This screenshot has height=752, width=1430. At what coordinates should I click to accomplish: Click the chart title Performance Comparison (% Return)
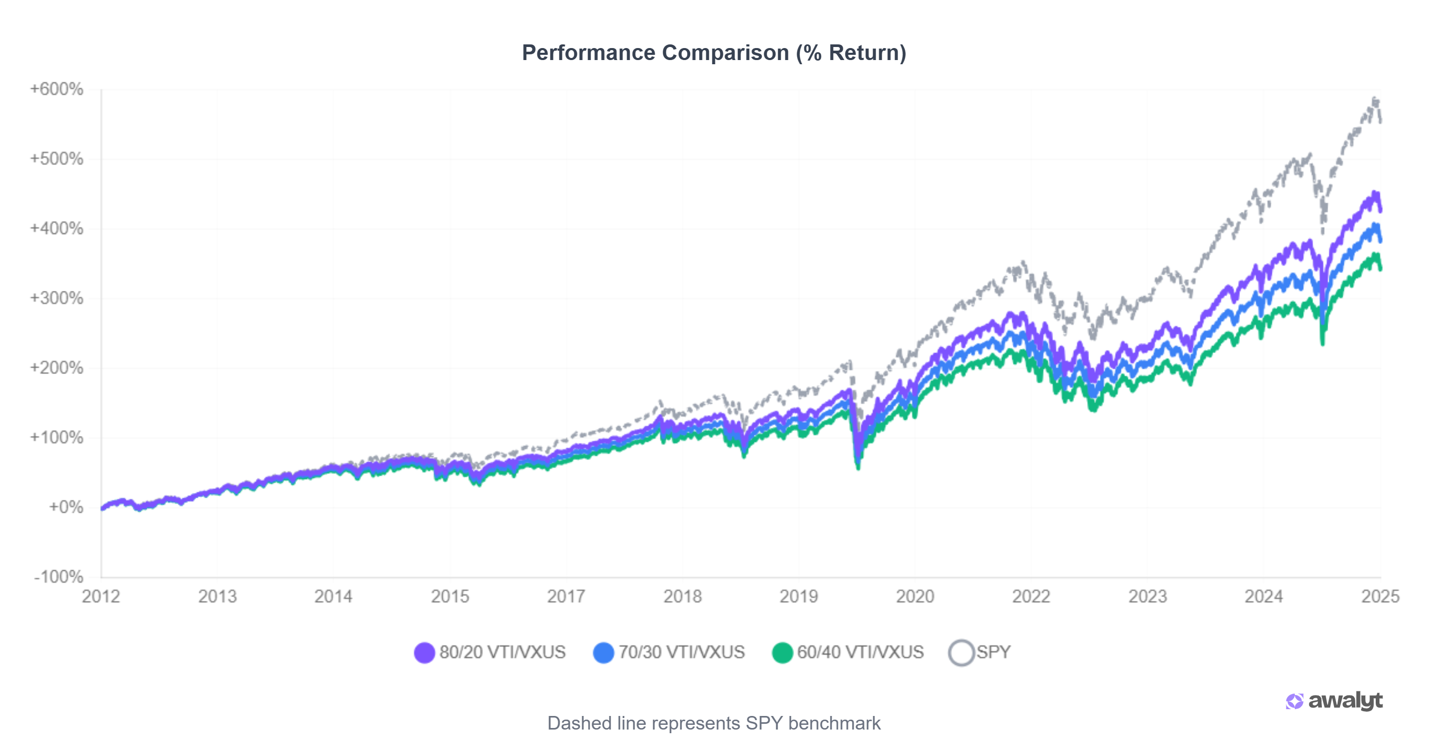[714, 53]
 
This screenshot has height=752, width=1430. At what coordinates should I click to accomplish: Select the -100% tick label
[58, 577]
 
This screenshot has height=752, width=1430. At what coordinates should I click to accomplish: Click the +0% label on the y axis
[66, 507]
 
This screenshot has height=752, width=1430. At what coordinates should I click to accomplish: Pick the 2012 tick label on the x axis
[101, 596]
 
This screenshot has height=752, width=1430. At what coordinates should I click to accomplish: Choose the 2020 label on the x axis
[915, 596]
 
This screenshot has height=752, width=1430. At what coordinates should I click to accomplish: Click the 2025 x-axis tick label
[1380, 596]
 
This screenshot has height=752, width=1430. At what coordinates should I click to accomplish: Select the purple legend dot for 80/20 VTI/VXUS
[424, 653]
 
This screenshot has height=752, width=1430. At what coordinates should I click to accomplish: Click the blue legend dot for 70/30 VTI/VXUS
[604, 653]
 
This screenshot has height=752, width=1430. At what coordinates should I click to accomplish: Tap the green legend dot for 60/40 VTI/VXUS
[782, 653]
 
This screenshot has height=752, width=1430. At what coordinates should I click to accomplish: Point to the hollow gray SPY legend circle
[962, 653]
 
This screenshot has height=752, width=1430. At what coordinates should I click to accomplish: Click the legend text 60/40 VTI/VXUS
[860, 652]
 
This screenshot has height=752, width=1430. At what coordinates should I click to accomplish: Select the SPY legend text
[994, 652]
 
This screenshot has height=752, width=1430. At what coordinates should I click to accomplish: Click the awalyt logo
[1334, 701]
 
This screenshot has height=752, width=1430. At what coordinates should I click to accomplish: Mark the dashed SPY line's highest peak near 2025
[1375, 99]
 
